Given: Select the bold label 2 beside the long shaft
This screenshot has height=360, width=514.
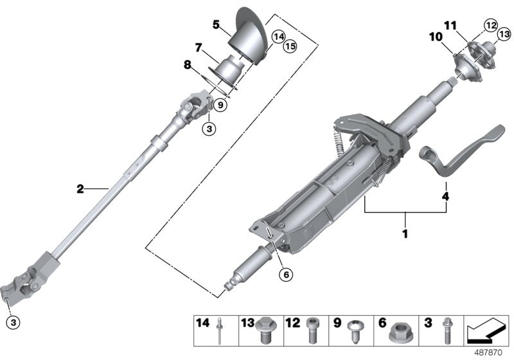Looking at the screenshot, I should [80, 189].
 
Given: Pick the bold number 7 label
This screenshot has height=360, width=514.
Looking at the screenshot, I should [199, 48].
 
